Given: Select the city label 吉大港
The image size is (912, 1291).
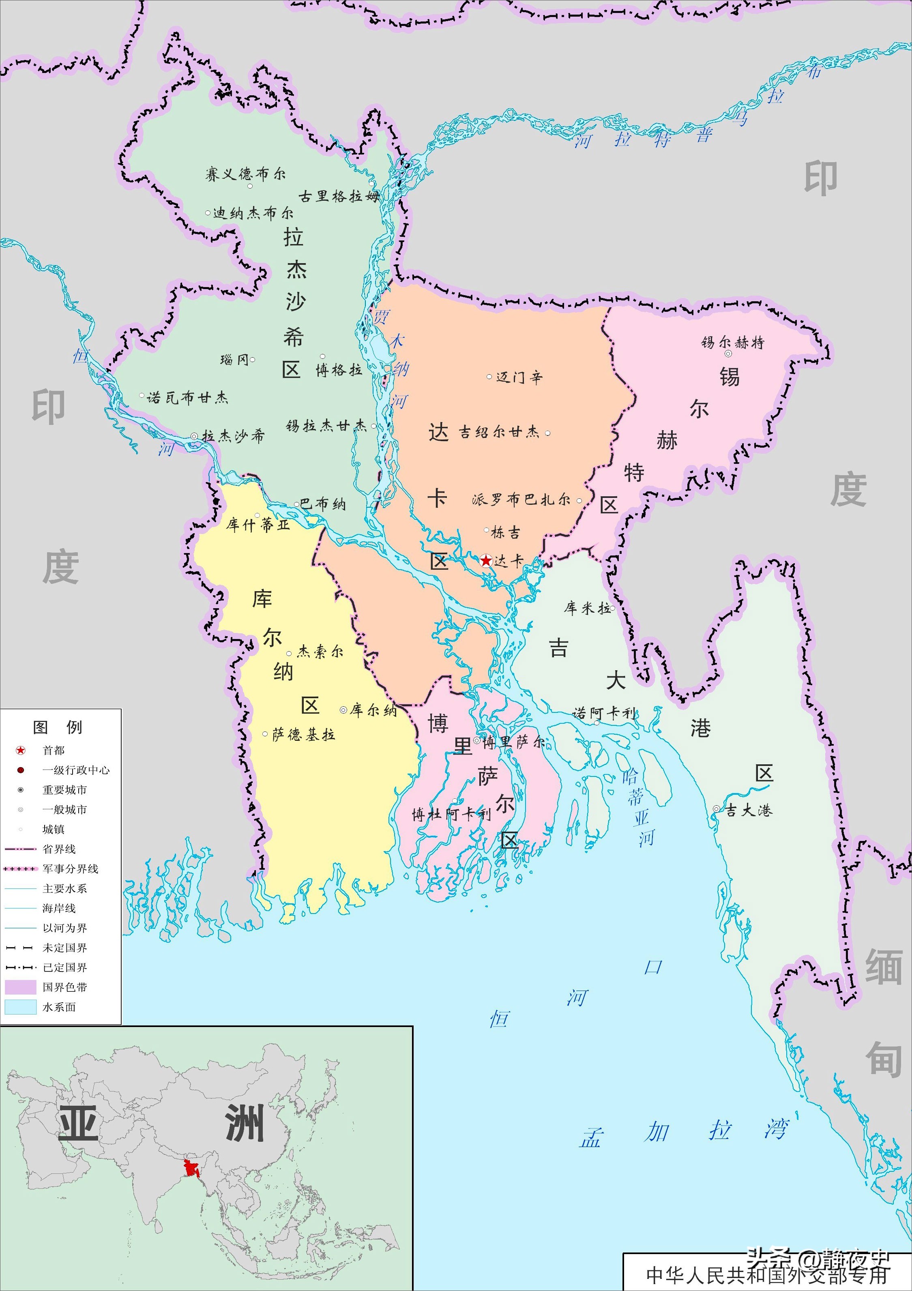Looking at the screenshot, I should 749,810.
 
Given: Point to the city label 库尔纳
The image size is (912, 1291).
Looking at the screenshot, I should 373,710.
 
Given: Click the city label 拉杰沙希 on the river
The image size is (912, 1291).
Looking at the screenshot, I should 233,436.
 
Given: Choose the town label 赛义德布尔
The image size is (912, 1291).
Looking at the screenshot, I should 245,174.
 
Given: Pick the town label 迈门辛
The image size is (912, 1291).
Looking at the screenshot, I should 519,377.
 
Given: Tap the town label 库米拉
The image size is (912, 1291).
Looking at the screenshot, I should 587,608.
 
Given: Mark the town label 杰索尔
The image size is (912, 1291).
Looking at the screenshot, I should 320,652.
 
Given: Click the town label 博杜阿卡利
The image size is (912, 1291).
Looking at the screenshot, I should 451,814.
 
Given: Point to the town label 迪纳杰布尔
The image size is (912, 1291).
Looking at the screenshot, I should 253,213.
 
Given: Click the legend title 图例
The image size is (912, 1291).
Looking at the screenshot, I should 58,727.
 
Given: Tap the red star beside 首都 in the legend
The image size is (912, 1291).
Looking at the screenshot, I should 21,750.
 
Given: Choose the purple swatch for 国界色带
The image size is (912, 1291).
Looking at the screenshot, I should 21,987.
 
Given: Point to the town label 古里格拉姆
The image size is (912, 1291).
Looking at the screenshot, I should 339,196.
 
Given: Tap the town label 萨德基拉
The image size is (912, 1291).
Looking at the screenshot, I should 304,734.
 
